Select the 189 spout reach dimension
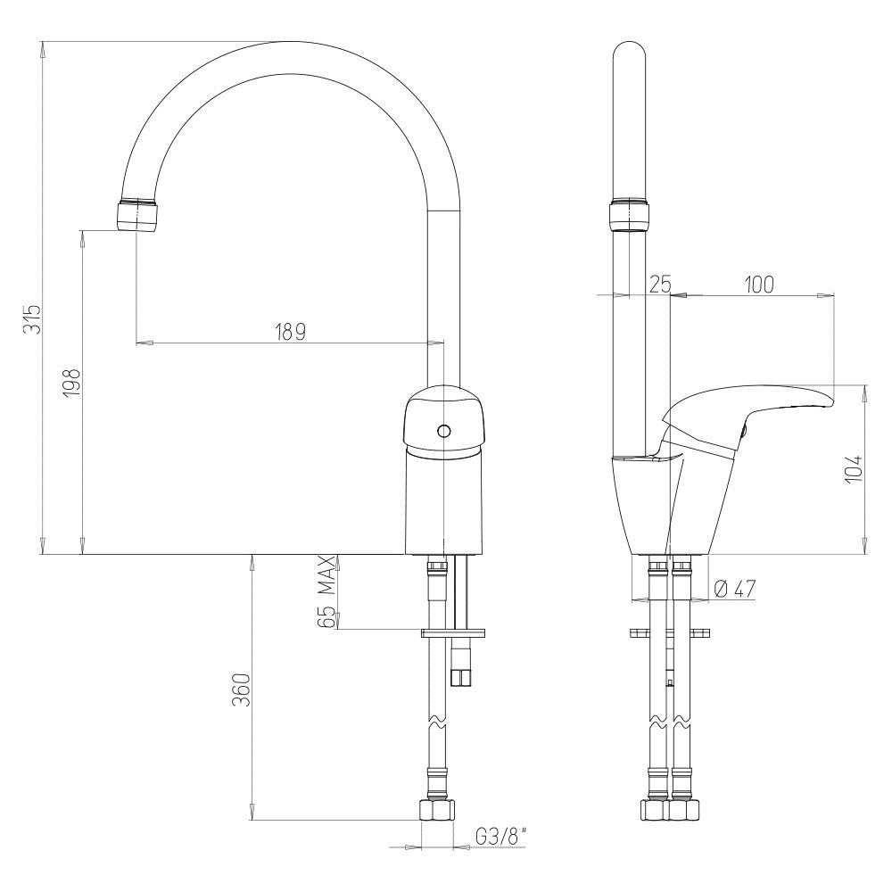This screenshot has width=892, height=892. (290, 331)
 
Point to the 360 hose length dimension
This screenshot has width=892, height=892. (241, 690)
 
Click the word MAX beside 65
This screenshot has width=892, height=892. (326, 575)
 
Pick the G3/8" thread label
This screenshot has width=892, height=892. (500, 836)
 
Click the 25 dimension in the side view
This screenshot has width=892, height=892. (660, 283)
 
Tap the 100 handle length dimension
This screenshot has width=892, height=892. (759, 284)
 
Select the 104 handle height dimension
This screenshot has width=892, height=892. (854, 469)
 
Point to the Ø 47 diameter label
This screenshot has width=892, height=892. (734, 590)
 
